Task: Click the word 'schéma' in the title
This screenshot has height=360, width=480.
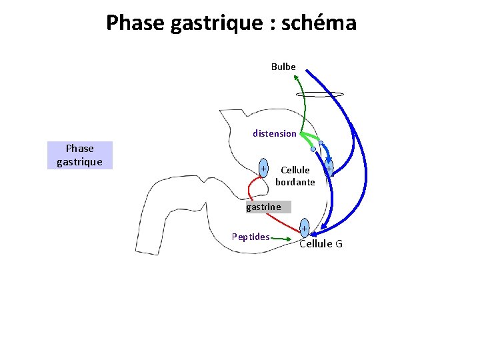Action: click(319, 23)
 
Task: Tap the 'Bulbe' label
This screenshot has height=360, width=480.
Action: click(283, 67)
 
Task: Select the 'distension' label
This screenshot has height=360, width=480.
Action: click(275, 133)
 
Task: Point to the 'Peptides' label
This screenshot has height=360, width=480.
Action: click(251, 237)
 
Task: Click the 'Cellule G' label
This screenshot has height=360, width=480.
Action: click(321, 244)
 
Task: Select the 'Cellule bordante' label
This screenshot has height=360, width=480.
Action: click(295, 176)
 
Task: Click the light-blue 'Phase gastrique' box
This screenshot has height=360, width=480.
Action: click(80, 155)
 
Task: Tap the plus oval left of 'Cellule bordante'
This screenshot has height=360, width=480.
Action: click(265, 167)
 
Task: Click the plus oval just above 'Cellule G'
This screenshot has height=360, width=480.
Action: click(304, 229)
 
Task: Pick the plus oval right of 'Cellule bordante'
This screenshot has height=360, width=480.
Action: click(329, 169)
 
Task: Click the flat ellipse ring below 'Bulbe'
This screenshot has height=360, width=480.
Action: click(319, 95)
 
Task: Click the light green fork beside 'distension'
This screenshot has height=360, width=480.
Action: click(308, 139)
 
